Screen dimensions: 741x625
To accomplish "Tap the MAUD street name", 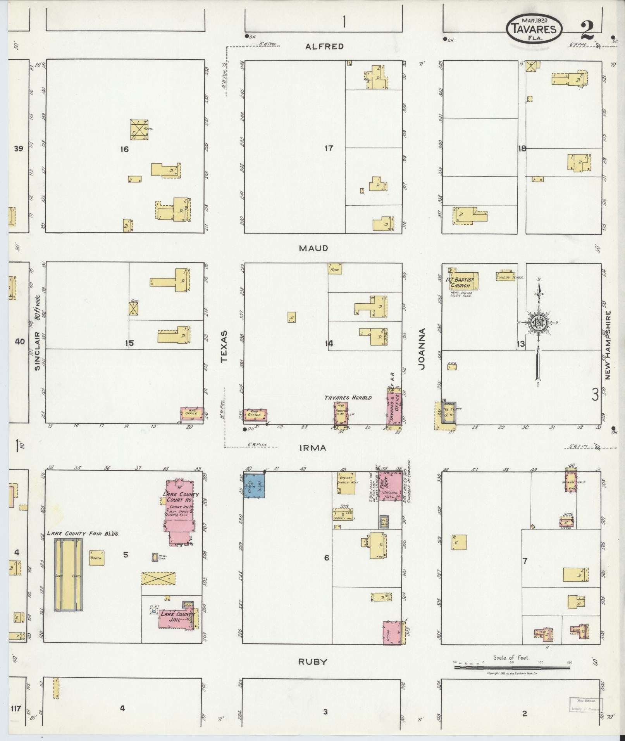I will (x=313, y=248).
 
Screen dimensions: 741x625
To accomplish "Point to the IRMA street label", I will (x=313, y=448).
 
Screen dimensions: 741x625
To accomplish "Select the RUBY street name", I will (x=312, y=662).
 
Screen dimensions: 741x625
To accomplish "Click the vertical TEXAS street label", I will (x=224, y=347).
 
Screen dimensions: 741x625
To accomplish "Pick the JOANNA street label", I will (x=422, y=349).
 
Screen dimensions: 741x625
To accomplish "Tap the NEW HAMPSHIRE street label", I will (x=607, y=345).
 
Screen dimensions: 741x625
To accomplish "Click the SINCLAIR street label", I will (x=37, y=351).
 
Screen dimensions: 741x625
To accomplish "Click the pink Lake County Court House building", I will (x=179, y=512).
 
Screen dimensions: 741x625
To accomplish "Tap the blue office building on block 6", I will (x=254, y=485).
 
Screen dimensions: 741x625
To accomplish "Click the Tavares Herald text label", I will (x=348, y=397).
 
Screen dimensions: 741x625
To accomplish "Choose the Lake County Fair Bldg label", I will (x=83, y=534).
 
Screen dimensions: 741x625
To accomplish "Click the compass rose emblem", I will (x=538, y=322).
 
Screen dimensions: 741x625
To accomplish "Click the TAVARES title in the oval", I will (x=533, y=29).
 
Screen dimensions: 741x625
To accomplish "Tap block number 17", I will (x=329, y=148).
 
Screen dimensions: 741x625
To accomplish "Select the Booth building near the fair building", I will (x=96, y=558).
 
